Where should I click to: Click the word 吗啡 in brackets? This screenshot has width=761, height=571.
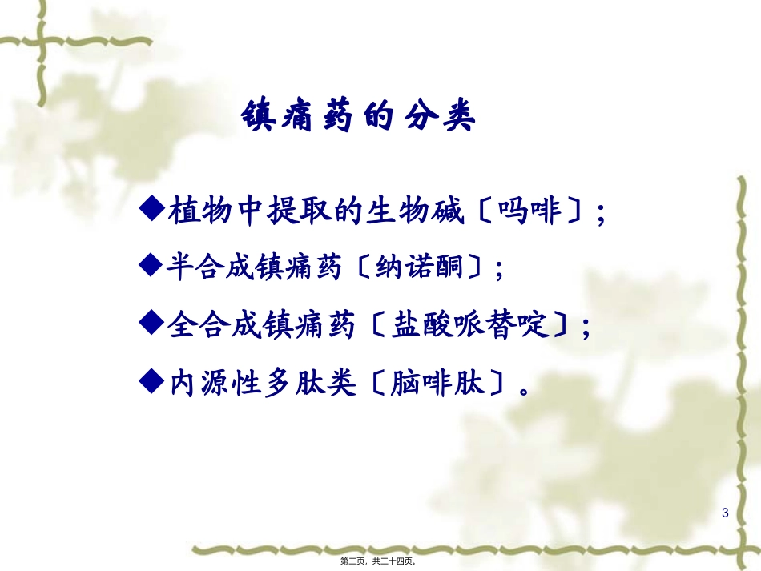click(528, 212)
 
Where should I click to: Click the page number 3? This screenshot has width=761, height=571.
click(725, 513)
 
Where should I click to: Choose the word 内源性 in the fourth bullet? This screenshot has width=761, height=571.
click(206, 384)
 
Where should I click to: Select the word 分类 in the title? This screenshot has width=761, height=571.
click(443, 118)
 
